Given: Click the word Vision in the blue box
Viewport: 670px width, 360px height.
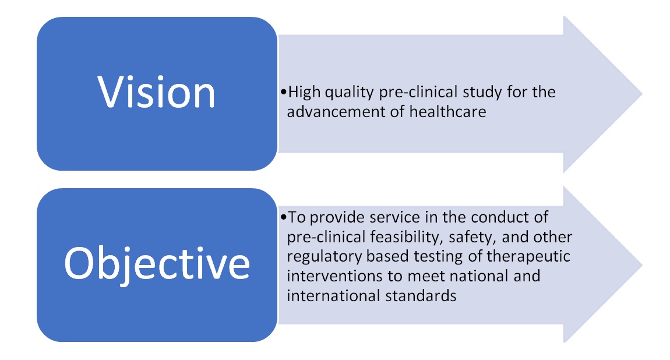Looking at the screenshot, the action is [156, 92].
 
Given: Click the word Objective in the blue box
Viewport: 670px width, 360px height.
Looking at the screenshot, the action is [157, 264].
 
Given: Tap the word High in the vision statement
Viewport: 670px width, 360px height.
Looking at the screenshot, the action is [304, 93].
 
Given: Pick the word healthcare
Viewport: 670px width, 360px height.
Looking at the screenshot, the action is [448, 112].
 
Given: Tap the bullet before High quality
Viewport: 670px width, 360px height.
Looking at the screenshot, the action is [284, 92].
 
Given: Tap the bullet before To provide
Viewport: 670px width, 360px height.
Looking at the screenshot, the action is [284, 217].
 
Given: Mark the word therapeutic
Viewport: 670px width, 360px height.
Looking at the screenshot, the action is [528, 257].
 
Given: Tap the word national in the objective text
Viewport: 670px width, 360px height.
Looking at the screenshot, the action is [479, 276].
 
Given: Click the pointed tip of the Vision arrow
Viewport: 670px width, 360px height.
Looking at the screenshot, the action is [642, 94].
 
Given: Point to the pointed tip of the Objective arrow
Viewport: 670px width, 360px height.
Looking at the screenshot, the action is [642, 265].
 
